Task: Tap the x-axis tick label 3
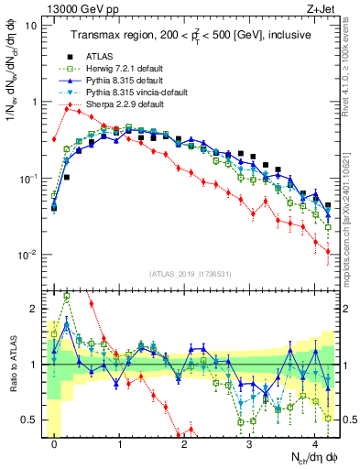click(250, 442)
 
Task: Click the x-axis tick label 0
click(55, 442)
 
